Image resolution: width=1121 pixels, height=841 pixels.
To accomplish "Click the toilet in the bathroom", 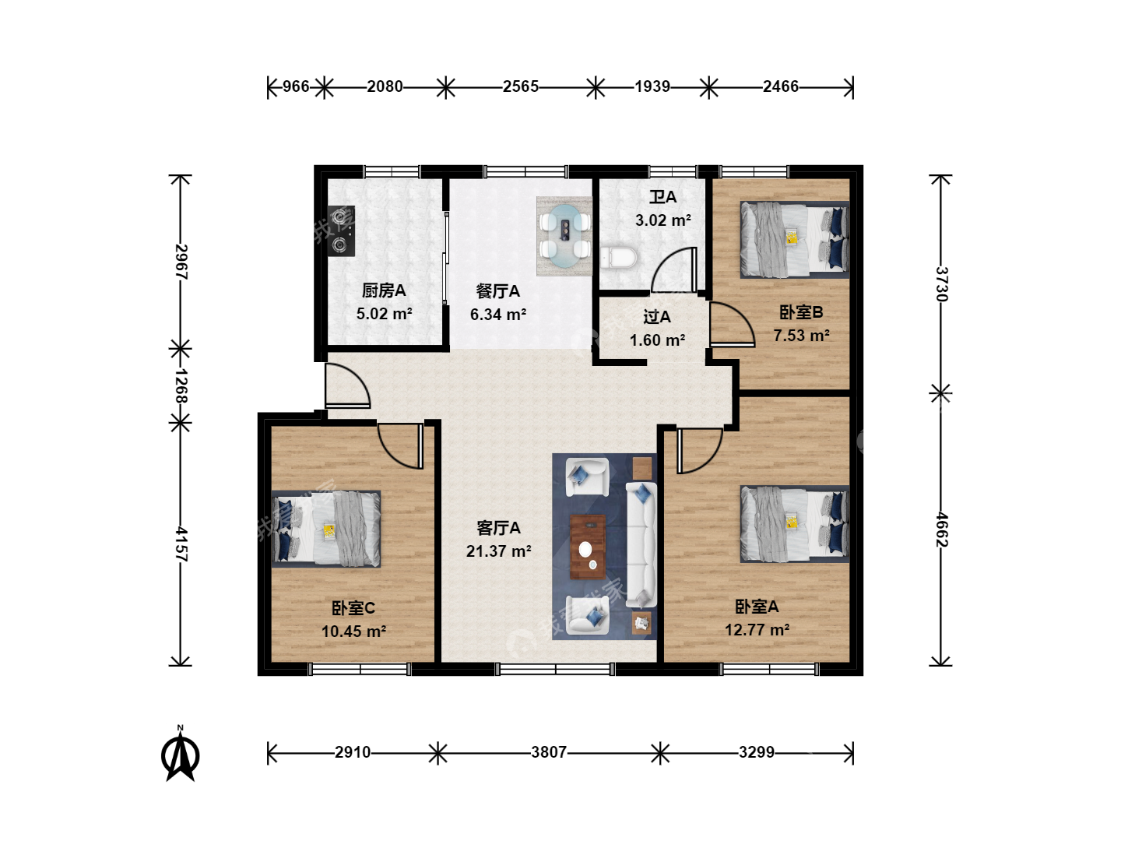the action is (x=618, y=257).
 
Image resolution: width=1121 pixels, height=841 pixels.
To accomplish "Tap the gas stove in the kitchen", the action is (x=341, y=230).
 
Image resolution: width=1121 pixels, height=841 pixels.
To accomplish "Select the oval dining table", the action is (x=564, y=237).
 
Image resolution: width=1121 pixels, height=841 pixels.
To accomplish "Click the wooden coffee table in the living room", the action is (x=588, y=547).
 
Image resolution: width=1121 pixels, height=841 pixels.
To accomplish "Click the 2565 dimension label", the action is (x=521, y=86).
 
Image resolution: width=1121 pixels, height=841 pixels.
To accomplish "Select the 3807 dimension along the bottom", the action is (x=549, y=752).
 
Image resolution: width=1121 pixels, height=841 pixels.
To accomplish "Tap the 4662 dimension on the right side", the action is (x=941, y=530).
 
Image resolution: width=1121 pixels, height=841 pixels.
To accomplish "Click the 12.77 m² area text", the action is (x=757, y=630).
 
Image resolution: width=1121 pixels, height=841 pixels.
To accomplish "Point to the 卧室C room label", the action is (x=353, y=608).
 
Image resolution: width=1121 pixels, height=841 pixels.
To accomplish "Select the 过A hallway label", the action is (x=657, y=317).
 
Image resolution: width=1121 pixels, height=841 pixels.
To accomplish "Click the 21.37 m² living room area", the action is (x=498, y=551).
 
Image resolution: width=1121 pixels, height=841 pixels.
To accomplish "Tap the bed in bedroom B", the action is (x=795, y=240).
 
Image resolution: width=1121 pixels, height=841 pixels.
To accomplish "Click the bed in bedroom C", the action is (x=326, y=529).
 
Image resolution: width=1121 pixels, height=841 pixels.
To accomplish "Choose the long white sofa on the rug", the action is (x=641, y=544).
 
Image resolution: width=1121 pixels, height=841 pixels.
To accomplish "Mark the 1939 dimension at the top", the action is (x=652, y=86).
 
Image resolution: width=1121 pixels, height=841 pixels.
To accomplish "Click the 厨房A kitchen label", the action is (x=384, y=290).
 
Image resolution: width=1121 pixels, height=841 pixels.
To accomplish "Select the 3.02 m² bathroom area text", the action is (x=663, y=220).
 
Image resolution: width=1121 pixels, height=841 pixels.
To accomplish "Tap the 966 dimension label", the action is (x=296, y=86).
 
